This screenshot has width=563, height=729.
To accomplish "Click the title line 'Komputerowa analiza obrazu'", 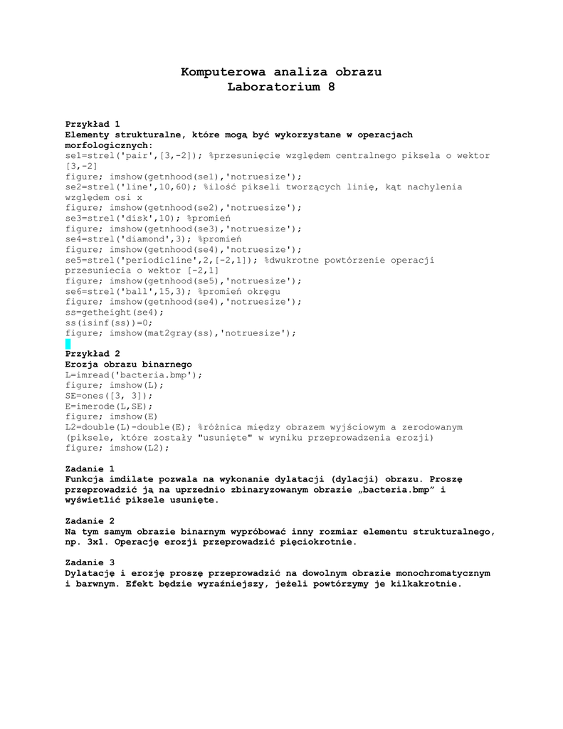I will pos(281,72).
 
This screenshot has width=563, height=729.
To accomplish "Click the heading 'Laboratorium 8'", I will pos(281,88).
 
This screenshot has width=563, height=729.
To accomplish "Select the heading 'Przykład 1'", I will pos(93,124).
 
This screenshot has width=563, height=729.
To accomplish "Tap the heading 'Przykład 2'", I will pos(93,354).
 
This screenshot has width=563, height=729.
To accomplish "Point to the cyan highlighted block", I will pos(68,344).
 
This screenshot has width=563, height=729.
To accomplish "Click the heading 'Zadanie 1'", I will pos(90,469).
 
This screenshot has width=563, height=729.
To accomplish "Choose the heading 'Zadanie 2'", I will pos(90,521).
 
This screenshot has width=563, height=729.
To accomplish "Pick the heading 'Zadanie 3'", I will pos(90,562).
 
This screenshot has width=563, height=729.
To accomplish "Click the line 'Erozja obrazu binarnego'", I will pos(128,364).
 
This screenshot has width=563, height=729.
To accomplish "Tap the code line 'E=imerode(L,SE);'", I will pos(109,407).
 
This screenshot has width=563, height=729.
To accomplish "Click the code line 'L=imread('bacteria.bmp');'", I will pos(134,375).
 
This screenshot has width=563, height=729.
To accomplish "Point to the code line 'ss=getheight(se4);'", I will pos(114,313).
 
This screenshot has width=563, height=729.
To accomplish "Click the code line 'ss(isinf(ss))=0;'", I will pos(109,322).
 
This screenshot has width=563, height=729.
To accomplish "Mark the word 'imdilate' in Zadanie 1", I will pos(133,480).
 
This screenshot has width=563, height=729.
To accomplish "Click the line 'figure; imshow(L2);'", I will pos(117,449).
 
